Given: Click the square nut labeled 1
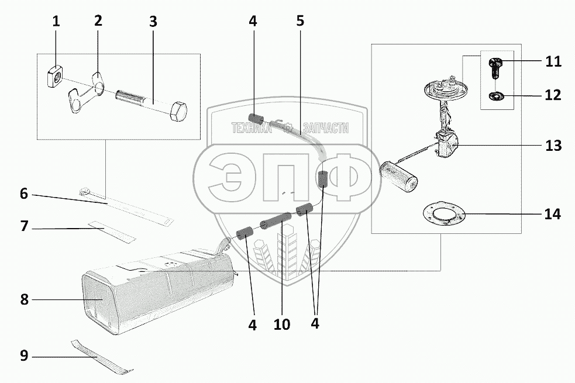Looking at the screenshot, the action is point(55,77).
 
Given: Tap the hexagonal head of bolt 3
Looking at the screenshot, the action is point(178,112).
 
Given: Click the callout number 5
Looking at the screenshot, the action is point(300,20).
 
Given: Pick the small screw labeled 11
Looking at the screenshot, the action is point(494,68).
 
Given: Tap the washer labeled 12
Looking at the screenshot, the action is point(496,96).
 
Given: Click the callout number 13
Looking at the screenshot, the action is point(553,146).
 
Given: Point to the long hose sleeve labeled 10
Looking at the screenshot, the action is point(275,219).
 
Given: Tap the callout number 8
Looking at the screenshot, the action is point(24,299).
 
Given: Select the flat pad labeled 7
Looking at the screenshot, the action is point(112,232).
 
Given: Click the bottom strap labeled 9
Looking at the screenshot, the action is point(102,357).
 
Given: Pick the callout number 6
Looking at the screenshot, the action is point(24,194).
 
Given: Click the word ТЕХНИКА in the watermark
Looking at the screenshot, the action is point(252,128).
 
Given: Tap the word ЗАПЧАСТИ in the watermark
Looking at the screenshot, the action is point(326,128).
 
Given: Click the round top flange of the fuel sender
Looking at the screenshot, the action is point(447,88).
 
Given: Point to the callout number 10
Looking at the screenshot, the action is point(281,325).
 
